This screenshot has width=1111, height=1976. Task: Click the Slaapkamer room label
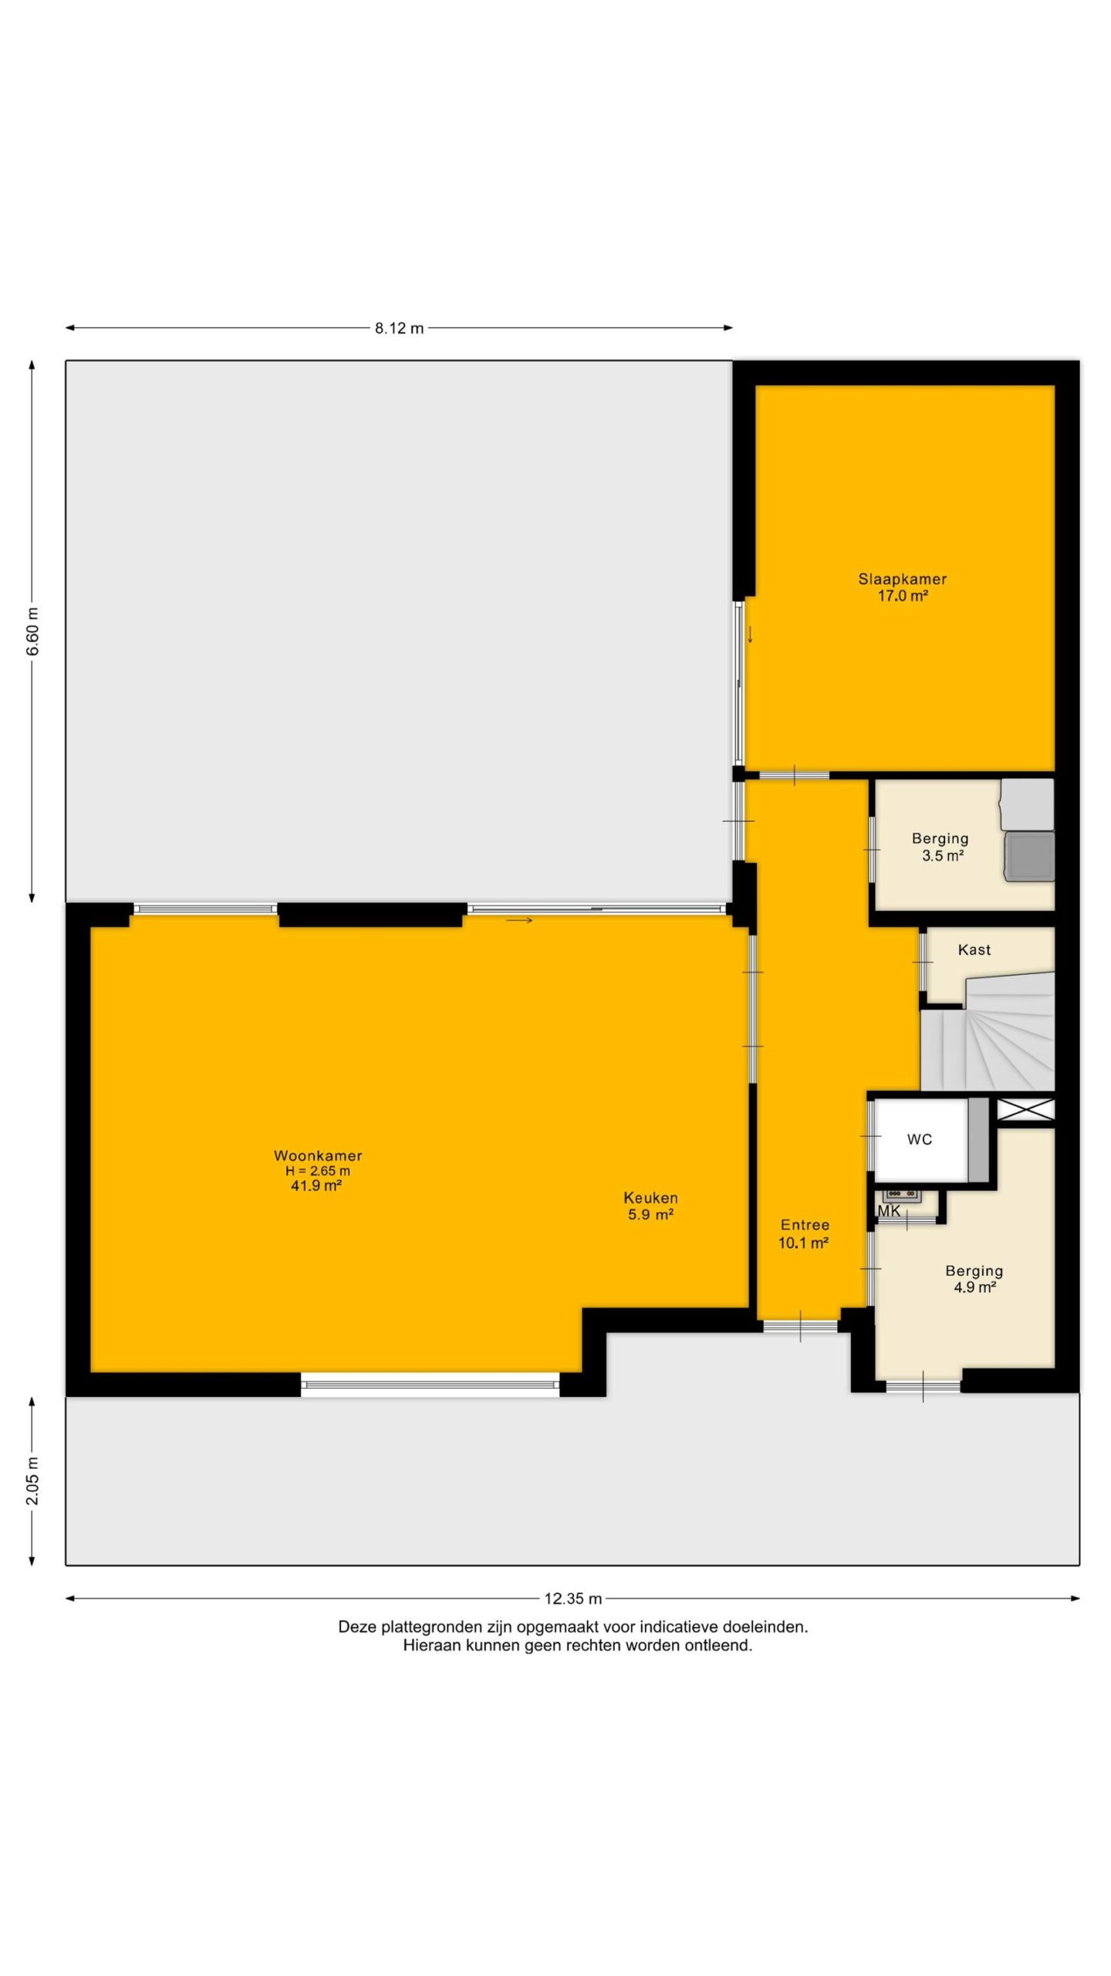pos(902,579)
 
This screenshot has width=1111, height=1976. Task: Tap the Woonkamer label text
pos(318,1155)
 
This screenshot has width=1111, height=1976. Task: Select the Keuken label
pos(650,1198)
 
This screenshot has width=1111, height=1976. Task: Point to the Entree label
pos(805,1225)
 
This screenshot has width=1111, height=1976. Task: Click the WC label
pos(920,1139)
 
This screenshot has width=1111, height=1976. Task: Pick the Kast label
pos(974,949)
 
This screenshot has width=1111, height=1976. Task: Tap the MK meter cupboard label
pos(889,1211)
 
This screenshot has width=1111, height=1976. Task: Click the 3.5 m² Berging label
pos(940,838)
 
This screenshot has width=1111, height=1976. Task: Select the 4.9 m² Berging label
pos(974,1271)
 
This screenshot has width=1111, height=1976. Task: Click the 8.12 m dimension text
pos(400,328)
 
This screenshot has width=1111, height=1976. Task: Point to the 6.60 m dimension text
pos(32,631)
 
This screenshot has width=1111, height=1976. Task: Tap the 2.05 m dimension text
pos(32,1480)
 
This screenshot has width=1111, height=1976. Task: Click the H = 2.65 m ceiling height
pos(318,1171)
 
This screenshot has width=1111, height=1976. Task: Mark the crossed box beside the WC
pos(1025,1110)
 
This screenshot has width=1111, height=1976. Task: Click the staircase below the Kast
pos(988,1033)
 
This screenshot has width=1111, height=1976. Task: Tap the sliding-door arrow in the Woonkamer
pos(519,920)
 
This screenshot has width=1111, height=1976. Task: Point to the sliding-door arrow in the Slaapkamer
pos(749,634)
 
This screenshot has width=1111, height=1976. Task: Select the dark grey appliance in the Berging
pos(1028,856)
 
